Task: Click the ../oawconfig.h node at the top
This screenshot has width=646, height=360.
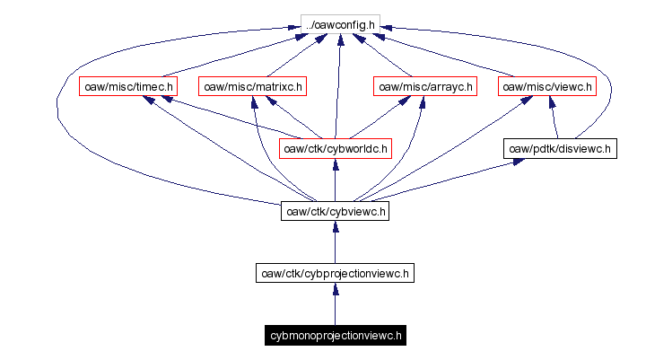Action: click(x=338, y=22)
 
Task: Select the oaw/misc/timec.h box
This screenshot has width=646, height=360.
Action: click(x=127, y=87)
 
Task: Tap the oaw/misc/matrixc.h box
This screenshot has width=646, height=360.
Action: click(x=253, y=87)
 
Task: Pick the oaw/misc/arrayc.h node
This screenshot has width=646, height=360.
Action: click(x=425, y=87)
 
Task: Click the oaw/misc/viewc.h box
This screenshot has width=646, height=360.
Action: click(x=547, y=87)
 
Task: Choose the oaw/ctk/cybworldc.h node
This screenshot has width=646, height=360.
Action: click(x=336, y=148)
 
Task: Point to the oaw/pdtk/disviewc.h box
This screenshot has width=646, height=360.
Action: click(x=560, y=148)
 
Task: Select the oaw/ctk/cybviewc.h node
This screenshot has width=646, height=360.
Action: click(x=335, y=212)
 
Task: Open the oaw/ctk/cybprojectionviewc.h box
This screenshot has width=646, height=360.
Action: click(x=335, y=273)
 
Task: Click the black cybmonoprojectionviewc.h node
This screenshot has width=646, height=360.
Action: click(x=336, y=336)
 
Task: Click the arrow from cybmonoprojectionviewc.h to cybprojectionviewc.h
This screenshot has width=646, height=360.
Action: click(x=335, y=307)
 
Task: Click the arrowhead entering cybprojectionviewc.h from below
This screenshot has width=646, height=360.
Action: click(x=335, y=289)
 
